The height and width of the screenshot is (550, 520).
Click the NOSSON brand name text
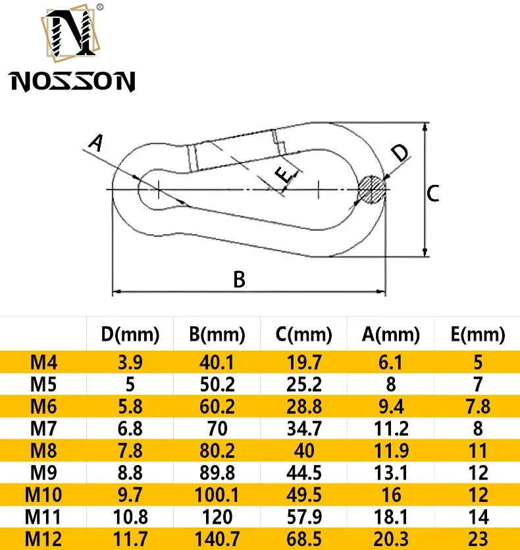72,81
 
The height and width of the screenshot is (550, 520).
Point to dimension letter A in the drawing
96,143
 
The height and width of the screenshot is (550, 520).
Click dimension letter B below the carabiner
240,280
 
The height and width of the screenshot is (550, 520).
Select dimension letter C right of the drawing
432,193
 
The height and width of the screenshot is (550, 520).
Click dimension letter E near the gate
282,175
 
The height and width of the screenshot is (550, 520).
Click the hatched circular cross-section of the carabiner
372,189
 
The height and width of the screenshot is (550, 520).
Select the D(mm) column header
130,335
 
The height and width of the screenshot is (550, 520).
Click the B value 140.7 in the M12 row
217,539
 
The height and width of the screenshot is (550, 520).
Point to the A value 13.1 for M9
391,472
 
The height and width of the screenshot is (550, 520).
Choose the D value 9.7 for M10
130,495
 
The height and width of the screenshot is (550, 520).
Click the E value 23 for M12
478,539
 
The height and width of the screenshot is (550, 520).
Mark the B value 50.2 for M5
217,384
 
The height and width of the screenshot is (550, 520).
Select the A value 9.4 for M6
391,406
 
